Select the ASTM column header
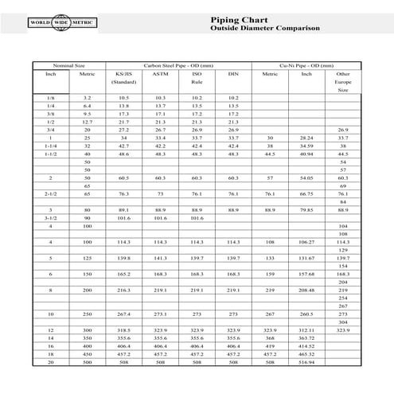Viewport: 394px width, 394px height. coord(160,73)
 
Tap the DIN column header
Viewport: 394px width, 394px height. coord(233,73)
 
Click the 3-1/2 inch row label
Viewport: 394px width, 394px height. coord(51,217)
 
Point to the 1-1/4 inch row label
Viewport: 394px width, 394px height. coord(51,146)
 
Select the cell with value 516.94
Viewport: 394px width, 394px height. coord(306,361)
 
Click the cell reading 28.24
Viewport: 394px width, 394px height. coord(306,138)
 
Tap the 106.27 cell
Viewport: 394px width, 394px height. coord(306,241)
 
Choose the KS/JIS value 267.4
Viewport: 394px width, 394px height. coord(123,314)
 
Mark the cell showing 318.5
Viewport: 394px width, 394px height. coord(123,330)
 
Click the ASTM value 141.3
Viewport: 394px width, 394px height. coord(160,258)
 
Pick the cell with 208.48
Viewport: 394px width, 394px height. coord(306,290)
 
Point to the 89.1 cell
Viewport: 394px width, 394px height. coord(123,209)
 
